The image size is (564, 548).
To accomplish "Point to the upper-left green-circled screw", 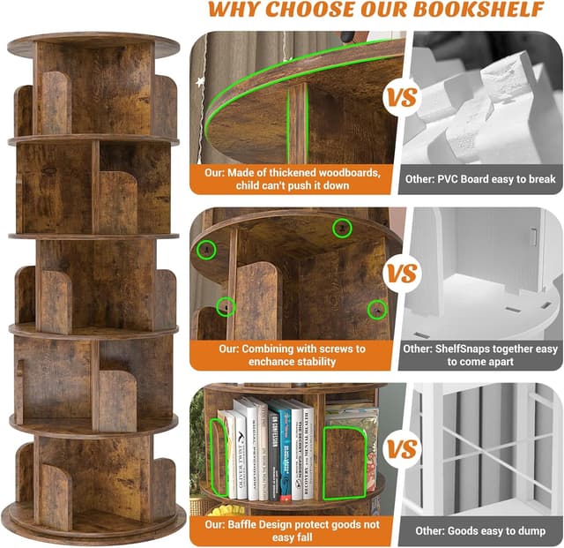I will point(207,250).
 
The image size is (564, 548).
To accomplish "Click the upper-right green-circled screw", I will point(341,229).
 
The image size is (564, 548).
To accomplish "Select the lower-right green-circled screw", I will point(378,310).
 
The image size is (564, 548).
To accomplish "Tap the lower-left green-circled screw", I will point(226,307).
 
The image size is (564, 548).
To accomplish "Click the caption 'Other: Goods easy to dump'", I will point(480,530).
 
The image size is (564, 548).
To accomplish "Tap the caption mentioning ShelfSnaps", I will point(480,356).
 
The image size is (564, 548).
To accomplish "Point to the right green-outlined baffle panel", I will point(345,461).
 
